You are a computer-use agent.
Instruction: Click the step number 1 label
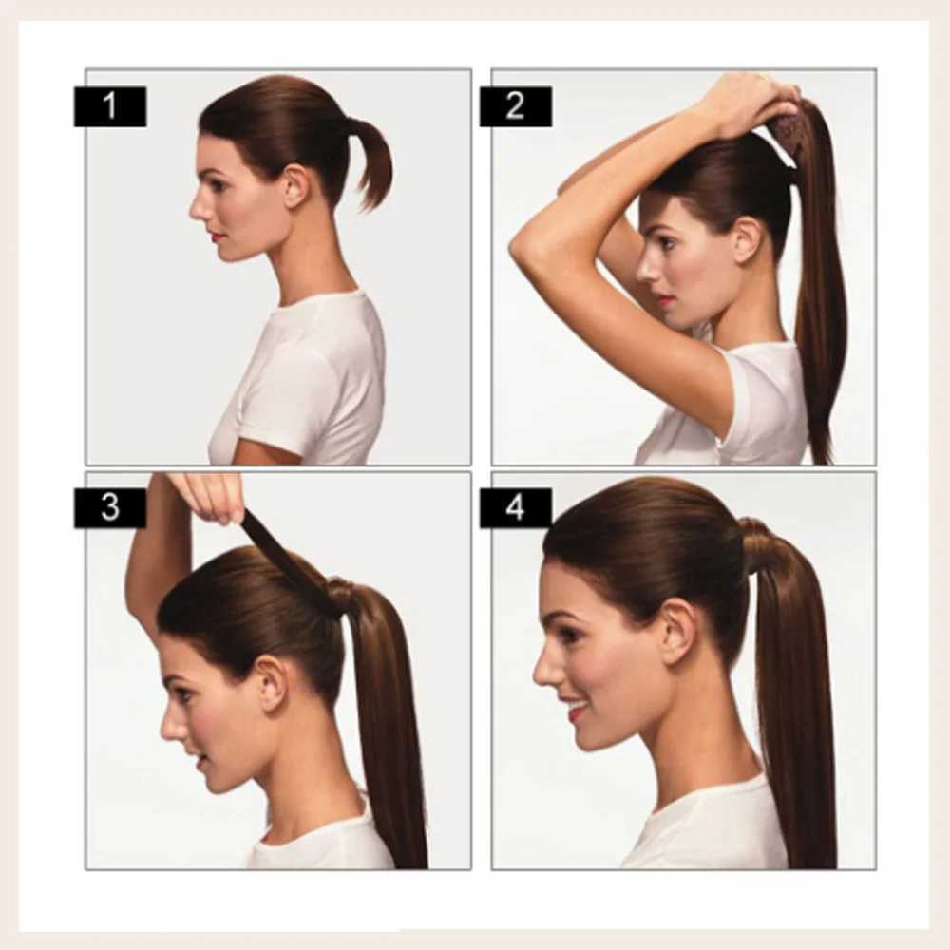click(x=109, y=106)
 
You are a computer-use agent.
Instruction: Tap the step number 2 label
click(x=516, y=106)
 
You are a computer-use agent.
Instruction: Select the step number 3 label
click(x=109, y=507)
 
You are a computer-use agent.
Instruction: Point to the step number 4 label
click(x=516, y=507)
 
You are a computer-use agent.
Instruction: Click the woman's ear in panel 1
click(x=296, y=187)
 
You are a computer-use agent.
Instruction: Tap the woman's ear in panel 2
click(x=747, y=240)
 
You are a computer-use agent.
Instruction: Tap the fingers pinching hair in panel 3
click(x=209, y=497)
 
